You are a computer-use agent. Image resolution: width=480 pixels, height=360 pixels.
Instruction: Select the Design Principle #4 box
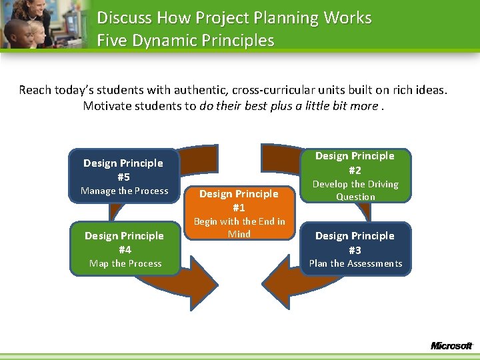click(125, 249)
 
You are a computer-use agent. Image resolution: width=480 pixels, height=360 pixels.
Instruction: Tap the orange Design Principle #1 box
click(239, 213)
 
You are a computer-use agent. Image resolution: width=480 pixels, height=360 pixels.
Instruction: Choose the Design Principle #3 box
click(355, 249)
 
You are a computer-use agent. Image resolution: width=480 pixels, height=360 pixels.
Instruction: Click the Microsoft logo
click(451, 345)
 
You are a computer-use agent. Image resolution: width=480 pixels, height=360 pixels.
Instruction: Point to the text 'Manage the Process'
click(125, 191)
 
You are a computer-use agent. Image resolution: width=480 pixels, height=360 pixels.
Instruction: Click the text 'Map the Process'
click(125, 263)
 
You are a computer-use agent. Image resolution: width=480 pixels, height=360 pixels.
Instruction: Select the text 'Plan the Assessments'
click(355, 263)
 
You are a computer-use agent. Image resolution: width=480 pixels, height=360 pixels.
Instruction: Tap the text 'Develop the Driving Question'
click(355, 191)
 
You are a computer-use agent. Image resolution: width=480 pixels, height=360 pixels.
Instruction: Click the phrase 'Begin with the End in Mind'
click(239, 227)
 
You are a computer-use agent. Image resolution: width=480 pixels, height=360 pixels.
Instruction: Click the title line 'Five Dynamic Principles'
click(185, 41)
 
